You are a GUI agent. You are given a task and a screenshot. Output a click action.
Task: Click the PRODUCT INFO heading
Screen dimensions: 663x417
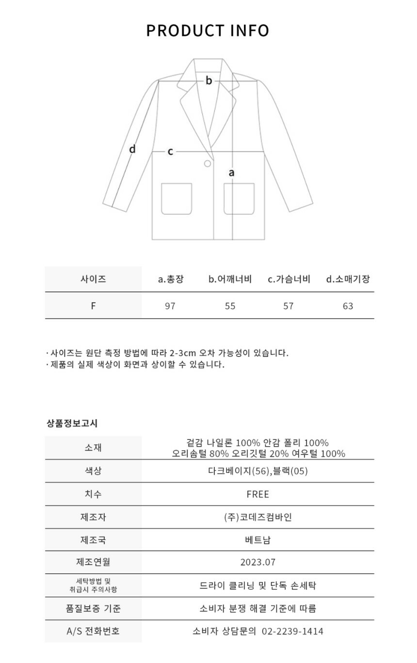[208, 31]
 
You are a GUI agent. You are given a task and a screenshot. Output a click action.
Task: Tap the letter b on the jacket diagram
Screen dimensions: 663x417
[208, 81]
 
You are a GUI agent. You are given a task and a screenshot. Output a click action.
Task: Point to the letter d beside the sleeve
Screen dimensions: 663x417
[132, 149]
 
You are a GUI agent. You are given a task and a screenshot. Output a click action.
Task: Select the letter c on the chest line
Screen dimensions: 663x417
[170, 152]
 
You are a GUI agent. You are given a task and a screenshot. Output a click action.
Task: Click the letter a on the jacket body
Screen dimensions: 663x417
[232, 172]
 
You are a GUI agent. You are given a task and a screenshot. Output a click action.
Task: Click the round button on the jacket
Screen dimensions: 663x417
[208, 163]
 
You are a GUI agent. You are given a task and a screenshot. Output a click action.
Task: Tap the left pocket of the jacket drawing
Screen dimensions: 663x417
[176, 198]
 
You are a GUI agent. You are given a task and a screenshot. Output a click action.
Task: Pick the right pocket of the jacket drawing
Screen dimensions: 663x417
[239, 198]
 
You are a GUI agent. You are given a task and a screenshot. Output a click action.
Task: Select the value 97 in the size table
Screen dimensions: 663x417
[170, 306]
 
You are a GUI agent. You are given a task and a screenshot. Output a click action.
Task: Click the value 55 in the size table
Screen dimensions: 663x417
[230, 306]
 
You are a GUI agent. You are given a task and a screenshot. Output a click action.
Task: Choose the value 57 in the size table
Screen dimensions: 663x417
[289, 306]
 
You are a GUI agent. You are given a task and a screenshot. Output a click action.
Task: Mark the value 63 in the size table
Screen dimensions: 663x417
[348, 306]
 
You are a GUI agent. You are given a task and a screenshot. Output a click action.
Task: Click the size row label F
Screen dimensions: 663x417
[93, 306]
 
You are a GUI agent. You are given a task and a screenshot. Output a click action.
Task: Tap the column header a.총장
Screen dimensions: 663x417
[171, 279]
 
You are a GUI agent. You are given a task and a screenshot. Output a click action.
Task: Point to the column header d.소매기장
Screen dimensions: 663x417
[348, 279]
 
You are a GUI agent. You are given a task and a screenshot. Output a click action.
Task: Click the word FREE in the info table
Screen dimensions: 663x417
[257, 494]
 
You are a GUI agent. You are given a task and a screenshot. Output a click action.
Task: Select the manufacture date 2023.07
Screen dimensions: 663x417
[257, 562]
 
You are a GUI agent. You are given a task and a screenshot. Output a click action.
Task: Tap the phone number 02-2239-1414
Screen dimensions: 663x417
[292, 631]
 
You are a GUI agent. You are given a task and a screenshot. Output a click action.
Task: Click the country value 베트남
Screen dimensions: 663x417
[257, 539]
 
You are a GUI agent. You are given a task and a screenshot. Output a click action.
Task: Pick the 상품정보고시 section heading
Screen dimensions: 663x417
[72, 423]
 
